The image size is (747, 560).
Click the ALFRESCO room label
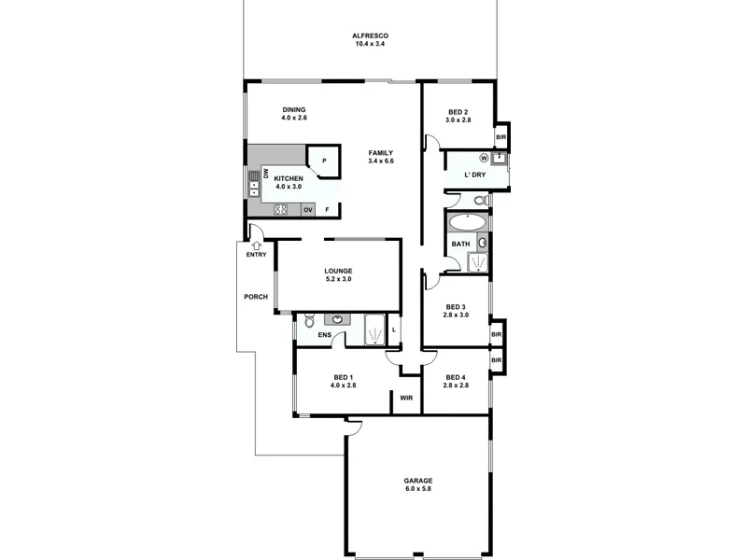pos(370,39)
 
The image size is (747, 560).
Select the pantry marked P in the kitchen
pos(324,161)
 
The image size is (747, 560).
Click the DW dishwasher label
pos(266,174)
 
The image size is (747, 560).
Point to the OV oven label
pos(307,209)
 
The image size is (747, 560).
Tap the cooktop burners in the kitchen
pos(280,209)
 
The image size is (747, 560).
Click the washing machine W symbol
pos(485,158)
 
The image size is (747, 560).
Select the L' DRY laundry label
pos(474,175)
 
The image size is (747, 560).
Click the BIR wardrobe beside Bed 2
pos(501,137)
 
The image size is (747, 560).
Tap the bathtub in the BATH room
pos(466,223)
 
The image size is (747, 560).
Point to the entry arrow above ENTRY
pos(254,245)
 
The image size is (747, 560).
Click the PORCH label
pos(255,297)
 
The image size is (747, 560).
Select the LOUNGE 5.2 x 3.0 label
pos(338,274)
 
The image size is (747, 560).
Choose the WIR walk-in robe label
pos(406,398)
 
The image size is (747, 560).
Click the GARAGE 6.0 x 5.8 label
pos(418,484)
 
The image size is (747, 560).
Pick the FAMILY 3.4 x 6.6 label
pos(380,156)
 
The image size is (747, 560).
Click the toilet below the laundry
pos(479,200)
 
